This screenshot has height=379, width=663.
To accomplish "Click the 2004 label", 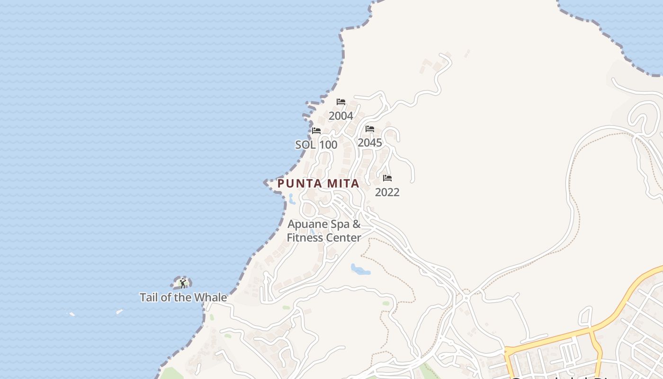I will point(341,116).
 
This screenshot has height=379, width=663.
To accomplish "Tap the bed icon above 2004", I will point(341,102).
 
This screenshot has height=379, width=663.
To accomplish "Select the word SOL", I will point(305,144).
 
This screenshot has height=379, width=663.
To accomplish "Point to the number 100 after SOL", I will point(328,144).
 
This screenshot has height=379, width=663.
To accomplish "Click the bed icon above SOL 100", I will point(316,131).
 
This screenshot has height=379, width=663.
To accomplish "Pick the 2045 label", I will point(370,143).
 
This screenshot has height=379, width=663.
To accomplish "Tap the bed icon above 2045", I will point(370,129).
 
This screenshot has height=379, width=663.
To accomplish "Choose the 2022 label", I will point(387,192).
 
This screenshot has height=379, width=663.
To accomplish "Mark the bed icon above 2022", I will point(387,178).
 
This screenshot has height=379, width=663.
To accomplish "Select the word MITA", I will point(341,183).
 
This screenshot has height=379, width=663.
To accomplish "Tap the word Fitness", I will point(304,237).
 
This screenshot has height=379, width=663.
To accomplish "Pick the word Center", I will point(342,237).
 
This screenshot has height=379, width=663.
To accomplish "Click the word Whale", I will point(209,298).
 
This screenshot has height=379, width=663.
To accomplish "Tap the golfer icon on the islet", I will point(183,283).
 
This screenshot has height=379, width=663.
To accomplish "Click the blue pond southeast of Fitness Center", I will point(360,270).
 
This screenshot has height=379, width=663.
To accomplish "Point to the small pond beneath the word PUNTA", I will point(292,199).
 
